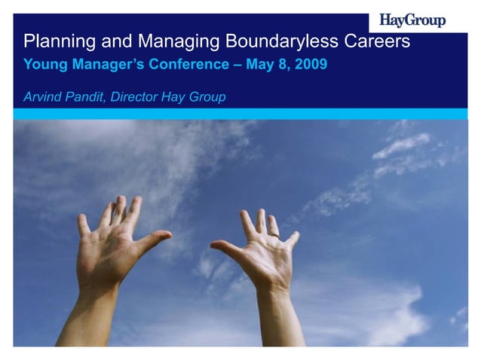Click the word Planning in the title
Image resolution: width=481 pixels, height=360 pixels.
point(54,41)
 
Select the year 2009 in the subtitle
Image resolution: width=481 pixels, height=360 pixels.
point(311,65)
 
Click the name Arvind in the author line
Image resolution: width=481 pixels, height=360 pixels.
point(42,97)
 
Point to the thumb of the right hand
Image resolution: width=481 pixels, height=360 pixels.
point(225,247)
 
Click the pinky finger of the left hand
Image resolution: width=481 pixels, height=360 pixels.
point(83,224)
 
